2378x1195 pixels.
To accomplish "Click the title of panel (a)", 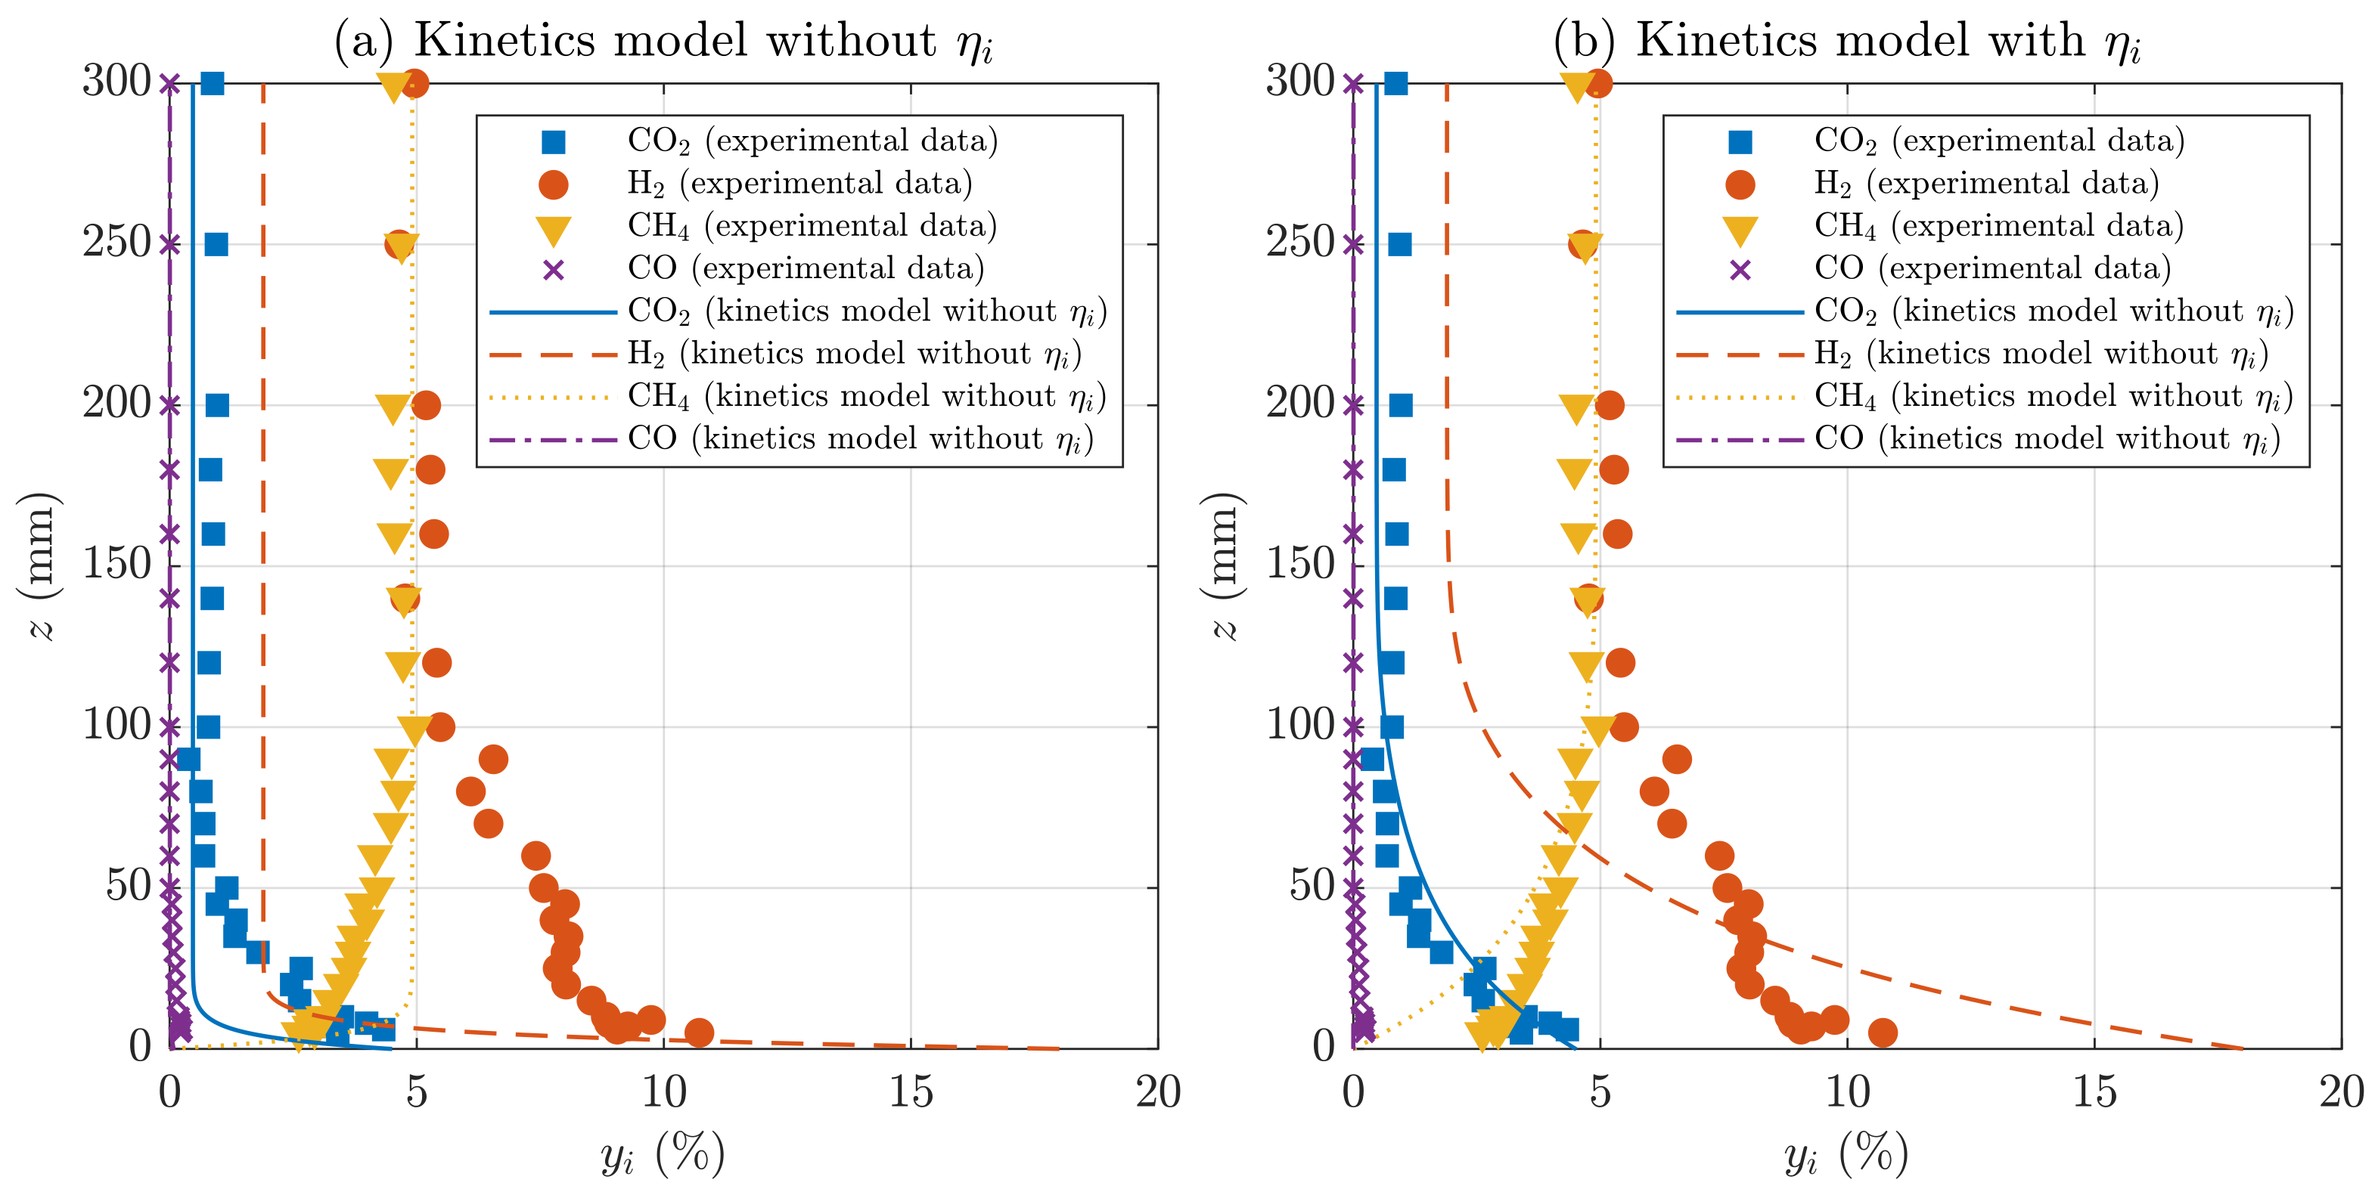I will click(x=663, y=41).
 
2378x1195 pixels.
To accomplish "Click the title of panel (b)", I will click(x=1846, y=41).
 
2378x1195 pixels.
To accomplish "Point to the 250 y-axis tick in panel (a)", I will click(x=117, y=243).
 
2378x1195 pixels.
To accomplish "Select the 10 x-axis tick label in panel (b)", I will click(x=1846, y=1094).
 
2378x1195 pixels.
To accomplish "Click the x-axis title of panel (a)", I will click(x=663, y=1153).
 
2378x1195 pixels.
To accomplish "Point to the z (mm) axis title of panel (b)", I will click(x=1224, y=565).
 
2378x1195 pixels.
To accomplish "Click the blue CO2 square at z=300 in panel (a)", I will click(x=213, y=83).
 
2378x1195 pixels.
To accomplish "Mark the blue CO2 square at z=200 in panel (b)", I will click(x=1400, y=405).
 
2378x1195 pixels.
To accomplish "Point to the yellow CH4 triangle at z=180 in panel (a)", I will click(x=391, y=472).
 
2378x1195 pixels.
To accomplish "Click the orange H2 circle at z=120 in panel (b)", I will click(x=1620, y=663).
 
